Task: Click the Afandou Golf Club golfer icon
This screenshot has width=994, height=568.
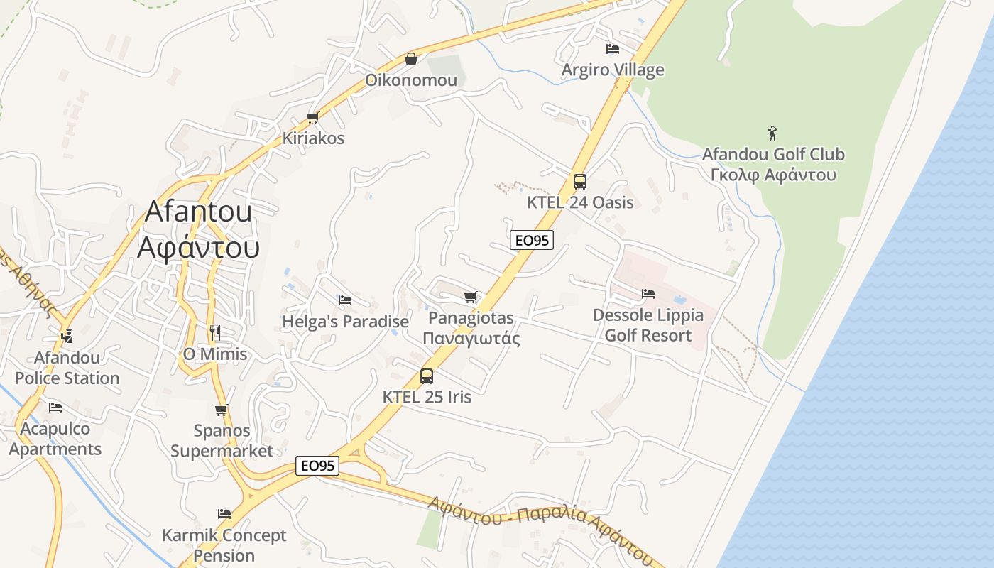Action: pos(772,133)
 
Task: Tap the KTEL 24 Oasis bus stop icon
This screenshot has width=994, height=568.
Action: pos(580,182)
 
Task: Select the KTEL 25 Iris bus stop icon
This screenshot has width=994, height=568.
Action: pos(427,376)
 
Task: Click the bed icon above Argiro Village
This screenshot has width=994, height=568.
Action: pos(613,49)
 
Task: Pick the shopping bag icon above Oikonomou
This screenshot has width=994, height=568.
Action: pos(410,59)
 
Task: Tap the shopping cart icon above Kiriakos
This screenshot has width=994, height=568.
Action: pos(312,117)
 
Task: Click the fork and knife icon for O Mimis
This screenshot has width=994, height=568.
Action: pos(215,332)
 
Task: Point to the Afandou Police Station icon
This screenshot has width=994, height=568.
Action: pos(67,336)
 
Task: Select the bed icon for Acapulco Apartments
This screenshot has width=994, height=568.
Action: pos(55,408)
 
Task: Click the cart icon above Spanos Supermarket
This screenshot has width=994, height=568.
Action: pos(222,410)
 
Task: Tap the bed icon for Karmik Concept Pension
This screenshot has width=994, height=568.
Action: pos(224,513)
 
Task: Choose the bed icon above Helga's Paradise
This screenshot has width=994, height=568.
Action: pos(345,300)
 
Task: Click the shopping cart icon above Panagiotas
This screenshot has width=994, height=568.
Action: pos(470,297)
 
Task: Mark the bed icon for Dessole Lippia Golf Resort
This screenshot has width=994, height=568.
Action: pos(648,293)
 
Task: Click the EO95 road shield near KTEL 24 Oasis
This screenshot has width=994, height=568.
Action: pos(531,240)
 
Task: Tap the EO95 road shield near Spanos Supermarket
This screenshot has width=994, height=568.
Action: pos(317,466)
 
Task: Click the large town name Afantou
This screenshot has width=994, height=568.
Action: pos(199,212)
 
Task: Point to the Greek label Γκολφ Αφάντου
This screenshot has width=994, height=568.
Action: pos(772,175)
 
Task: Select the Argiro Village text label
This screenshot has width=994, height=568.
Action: pos(613,70)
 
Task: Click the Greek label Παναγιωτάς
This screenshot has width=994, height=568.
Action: pos(471,339)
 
